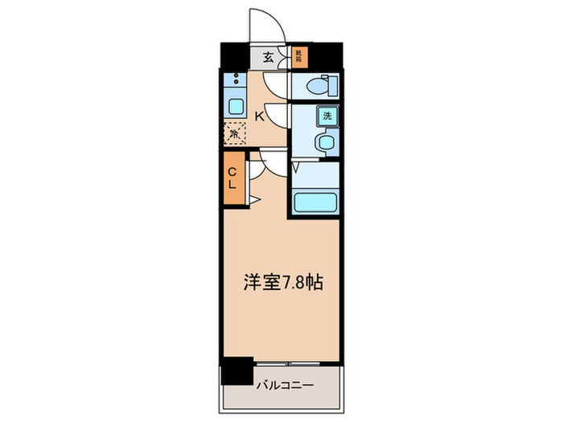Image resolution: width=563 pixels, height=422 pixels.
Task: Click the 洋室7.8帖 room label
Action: click(x=283, y=283)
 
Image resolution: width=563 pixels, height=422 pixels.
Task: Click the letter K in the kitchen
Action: click(x=259, y=116)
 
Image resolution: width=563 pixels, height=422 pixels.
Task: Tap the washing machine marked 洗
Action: click(x=327, y=115)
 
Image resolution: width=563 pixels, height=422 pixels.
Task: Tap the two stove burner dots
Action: click(x=236, y=80)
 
